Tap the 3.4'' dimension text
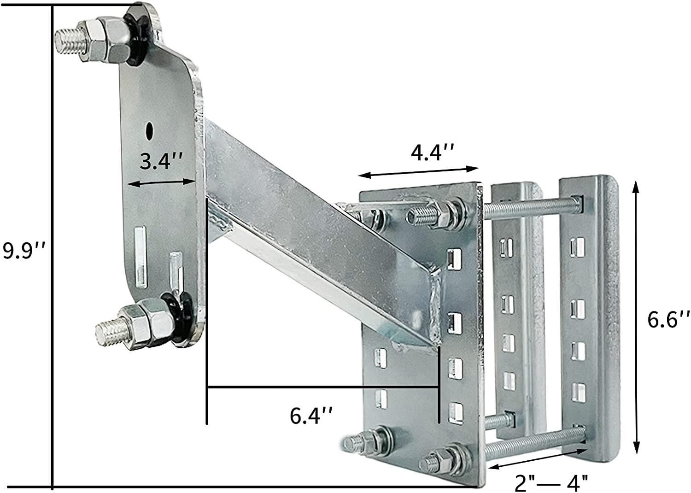click(x=162, y=162)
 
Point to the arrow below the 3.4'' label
click(x=161, y=183)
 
